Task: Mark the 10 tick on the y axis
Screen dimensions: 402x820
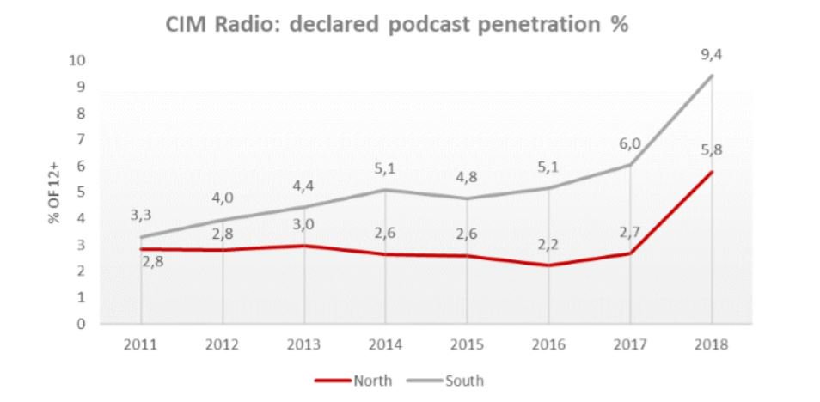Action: (x=79, y=60)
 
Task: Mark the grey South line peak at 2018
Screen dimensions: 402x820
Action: (x=713, y=76)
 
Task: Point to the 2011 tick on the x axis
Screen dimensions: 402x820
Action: (x=141, y=344)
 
